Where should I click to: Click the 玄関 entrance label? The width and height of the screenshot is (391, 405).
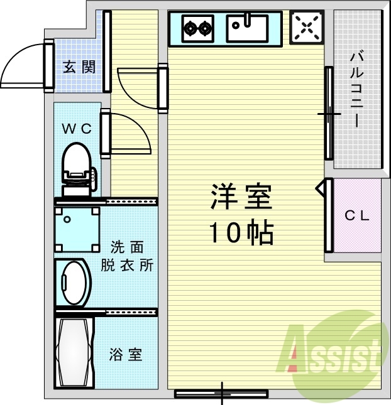(x=79, y=67)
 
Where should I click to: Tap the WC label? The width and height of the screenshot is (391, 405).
(x=77, y=129)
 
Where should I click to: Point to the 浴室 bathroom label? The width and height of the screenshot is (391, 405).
(x=126, y=355)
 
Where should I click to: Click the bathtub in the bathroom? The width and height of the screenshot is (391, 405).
(x=75, y=355)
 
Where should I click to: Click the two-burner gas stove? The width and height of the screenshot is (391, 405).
(x=198, y=28)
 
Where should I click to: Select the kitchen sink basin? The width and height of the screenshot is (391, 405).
(x=247, y=28)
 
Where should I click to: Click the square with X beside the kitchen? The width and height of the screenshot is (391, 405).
(x=307, y=27)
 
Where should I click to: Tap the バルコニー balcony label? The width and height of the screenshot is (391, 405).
(x=357, y=88)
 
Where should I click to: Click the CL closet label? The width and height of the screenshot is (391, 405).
(x=356, y=216)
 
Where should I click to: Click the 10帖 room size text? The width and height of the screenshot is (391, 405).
(x=241, y=233)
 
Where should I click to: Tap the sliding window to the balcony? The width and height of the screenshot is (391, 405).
(x=329, y=113)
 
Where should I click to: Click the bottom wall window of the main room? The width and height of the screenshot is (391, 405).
(x=221, y=394)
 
